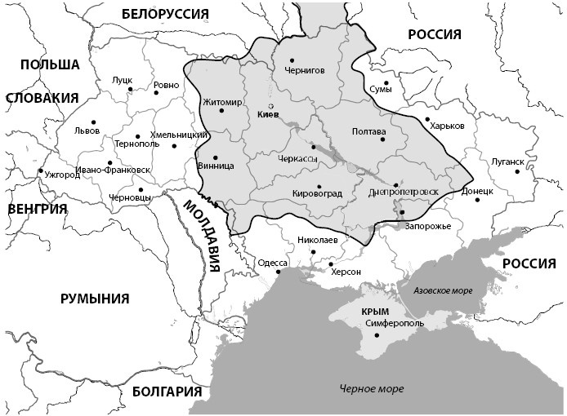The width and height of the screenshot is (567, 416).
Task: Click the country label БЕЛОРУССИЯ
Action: coord(164,13)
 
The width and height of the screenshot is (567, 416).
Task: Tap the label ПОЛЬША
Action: coord(50,64)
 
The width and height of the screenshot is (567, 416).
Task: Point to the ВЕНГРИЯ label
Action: coord(37,209)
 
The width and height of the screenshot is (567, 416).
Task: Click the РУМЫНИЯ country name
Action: coord(95,299)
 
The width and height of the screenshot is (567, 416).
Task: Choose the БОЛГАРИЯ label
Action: coord(166,392)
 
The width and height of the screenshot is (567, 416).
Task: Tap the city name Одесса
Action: coord(272,263)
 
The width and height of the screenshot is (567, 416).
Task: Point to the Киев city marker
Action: coord(271,106)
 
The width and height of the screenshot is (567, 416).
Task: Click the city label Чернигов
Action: coord(305,70)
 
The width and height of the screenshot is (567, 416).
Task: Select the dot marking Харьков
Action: coord(426,120)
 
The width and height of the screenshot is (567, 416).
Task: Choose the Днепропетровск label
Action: coord(404,192)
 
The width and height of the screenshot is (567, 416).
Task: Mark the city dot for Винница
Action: coord(215,157)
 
